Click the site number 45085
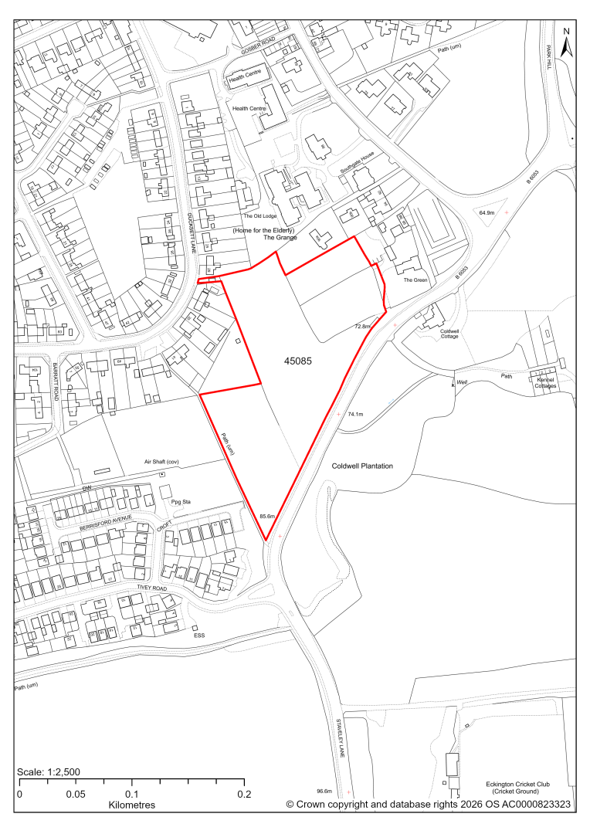click(x=297, y=361)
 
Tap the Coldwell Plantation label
click(x=363, y=466)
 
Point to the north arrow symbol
click(x=566, y=44)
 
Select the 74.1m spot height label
click(x=355, y=415)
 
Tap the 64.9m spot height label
click(x=487, y=212)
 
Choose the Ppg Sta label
click(x=181, y=502)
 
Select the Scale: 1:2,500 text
click(x=49, y=772)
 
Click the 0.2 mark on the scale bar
click(x=245, y=795)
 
